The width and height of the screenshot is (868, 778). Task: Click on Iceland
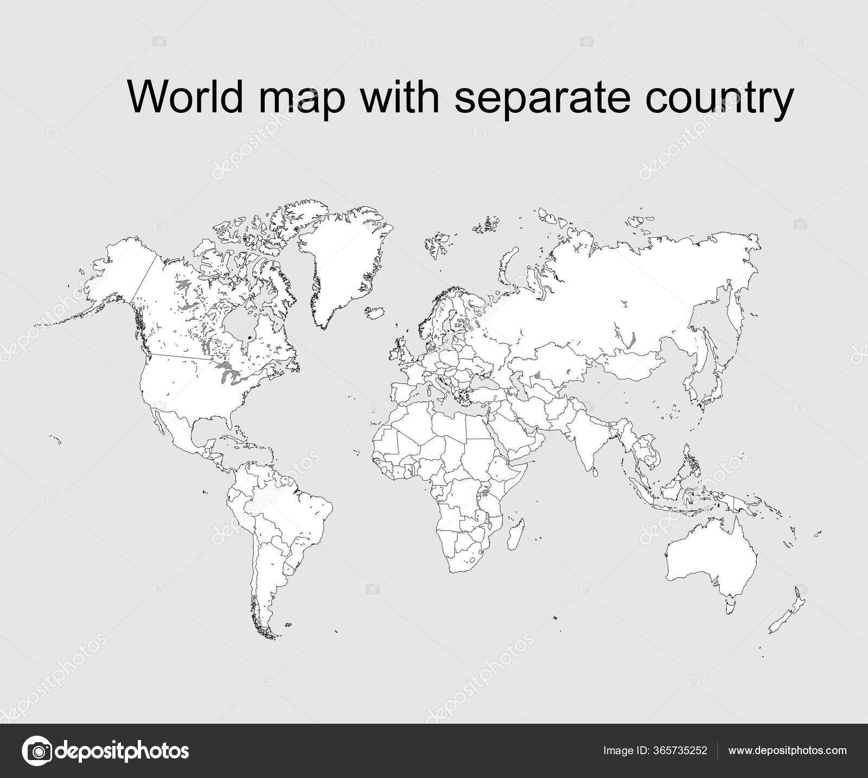click(x=375, y=313)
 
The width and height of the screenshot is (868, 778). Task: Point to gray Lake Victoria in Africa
click(x=485, y=495)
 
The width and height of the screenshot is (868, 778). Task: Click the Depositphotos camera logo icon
click(x=36, y=751)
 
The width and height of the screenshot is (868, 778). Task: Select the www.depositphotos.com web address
click(x=787, y=751)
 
